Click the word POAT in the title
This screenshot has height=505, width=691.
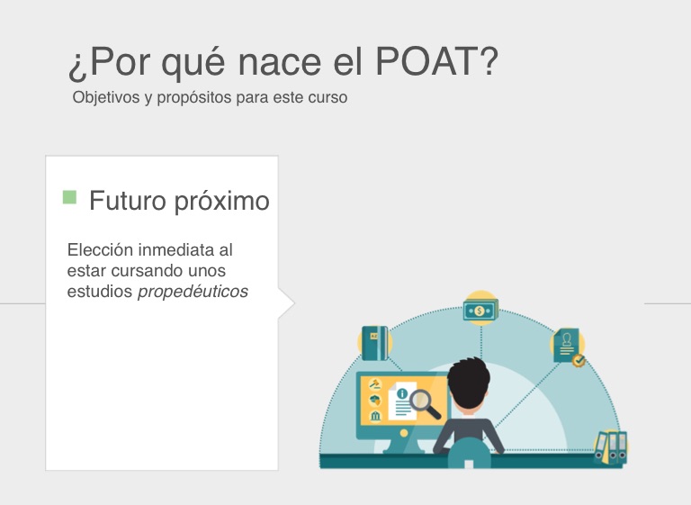pos(436,61)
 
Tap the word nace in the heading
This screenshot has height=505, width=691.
pos(280,62)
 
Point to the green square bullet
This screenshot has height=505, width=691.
pos(69,197)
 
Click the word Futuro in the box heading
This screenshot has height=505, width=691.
pos(128,201)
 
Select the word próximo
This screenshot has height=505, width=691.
pos(221,202)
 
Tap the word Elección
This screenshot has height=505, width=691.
pos(100,249)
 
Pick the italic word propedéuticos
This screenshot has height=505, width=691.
pos(193,292)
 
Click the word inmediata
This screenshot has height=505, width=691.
pos(176,250)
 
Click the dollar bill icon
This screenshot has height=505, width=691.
pos(480,310)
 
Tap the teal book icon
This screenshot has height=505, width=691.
pos(374,343)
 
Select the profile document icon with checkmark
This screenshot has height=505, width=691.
pos(568,347)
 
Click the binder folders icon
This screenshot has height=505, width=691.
pos(611,447)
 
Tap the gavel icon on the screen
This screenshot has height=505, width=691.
pos(374,384)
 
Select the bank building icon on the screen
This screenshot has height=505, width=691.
pos(375,416)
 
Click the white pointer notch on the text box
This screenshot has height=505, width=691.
pos(286,303)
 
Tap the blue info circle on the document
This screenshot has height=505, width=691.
pos(402,393)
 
